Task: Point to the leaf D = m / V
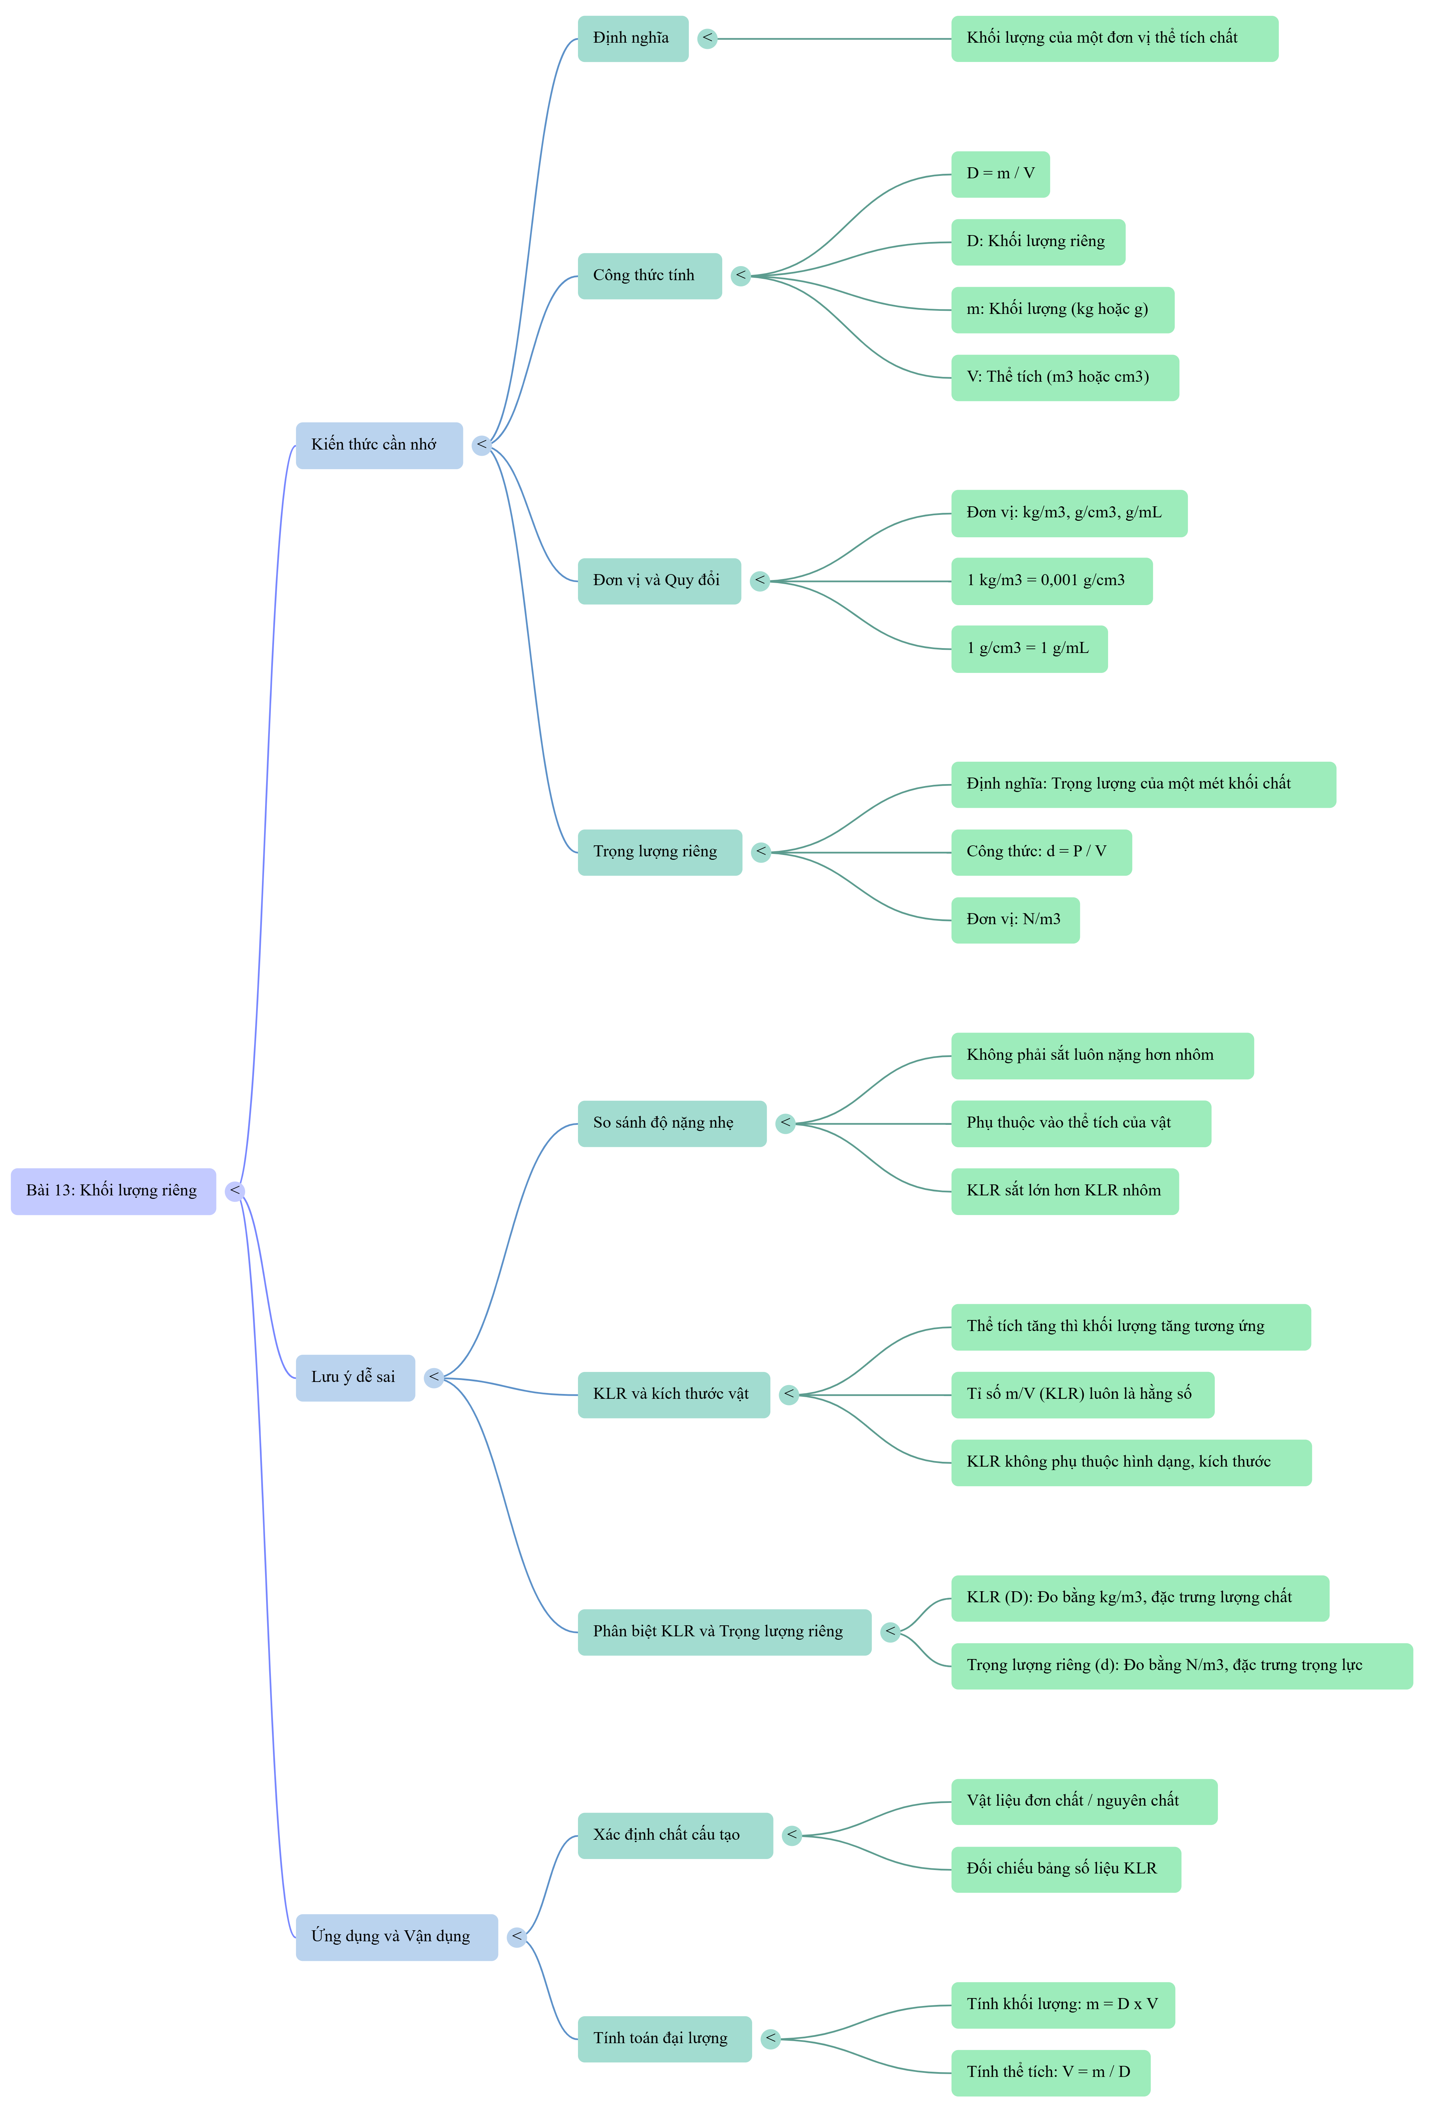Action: pos(1001,174)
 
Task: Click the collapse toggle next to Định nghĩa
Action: pos(707,38)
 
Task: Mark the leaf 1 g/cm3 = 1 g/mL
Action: pos(1030,649)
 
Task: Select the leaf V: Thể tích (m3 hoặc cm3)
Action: pos(1065,378)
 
